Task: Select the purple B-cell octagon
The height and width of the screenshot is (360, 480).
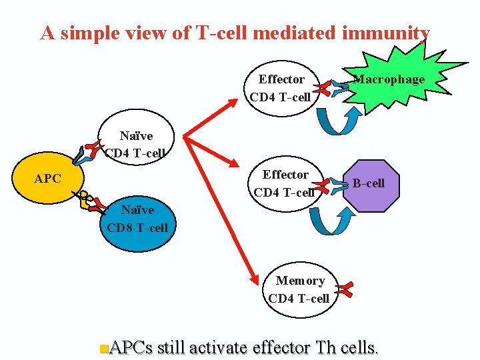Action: coord(369,183)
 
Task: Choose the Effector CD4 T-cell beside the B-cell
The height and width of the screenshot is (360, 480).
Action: coord(285,183)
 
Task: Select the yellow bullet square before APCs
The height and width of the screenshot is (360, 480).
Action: coord(102,348)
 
